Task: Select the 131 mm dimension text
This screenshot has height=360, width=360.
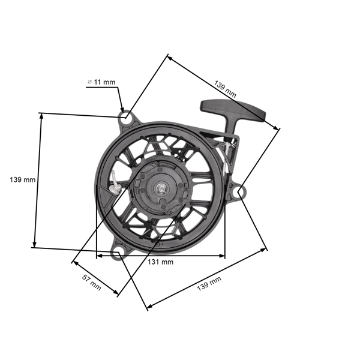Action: (x=161, y=262)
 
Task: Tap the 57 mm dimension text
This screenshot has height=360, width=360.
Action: (x=91, y=281)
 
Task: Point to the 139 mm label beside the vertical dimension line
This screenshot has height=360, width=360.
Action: (x=23, y=179)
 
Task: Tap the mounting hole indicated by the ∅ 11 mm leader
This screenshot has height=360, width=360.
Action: (x=125, y=117)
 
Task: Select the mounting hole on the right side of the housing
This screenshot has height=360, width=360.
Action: (x=238, y=193)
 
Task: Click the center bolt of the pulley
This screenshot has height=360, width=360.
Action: (x=161, y=190)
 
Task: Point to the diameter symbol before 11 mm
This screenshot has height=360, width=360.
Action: (x=89, y=81)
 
